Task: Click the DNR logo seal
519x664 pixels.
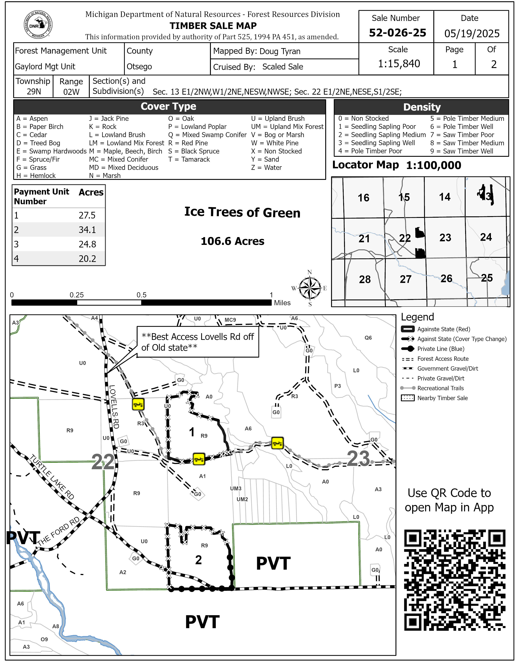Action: point(38,25)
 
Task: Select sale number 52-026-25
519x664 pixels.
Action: point(397,33)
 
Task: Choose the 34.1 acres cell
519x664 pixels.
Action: point(87,230)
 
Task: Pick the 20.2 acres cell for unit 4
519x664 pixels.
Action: point(87,258)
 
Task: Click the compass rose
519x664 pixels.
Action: point(310,288)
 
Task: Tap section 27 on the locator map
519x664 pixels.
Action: point(405,279)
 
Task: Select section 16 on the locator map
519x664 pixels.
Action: point(364,198)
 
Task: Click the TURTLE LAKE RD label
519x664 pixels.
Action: point(52,477)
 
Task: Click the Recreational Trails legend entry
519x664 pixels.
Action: point(440,388)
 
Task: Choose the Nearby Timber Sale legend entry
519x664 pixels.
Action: point(442,398)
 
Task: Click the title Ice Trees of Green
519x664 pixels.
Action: point(242,212)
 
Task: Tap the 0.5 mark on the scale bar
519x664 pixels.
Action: point(141,295)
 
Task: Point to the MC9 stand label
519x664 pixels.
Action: point(230,320)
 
